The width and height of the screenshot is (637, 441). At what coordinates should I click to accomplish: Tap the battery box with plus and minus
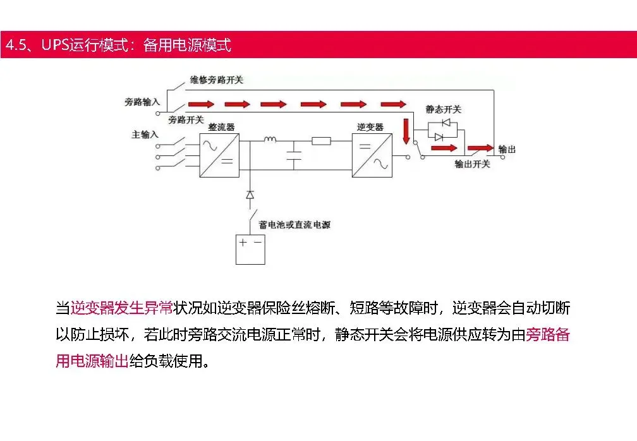[x=250, y=249]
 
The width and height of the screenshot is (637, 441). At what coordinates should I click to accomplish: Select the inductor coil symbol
[x=270, y=140]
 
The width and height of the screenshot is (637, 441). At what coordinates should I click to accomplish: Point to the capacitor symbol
[x=293, y=155]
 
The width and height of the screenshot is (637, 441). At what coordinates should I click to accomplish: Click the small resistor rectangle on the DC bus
[x=321, y=141]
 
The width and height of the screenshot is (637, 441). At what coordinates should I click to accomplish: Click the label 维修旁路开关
[x=217, y=81]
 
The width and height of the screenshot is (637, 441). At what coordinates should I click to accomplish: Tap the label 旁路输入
[x=142, y=101]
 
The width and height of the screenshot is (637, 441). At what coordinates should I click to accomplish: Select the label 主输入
[x=145, y=135]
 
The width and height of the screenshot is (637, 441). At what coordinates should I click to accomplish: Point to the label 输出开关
[x=472, y=164]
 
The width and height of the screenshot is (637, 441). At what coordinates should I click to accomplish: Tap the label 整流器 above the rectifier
[x=221, y=128]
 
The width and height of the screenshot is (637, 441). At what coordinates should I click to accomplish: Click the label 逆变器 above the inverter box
[x=370, y=127]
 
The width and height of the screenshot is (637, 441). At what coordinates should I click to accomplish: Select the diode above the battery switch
[x=250, y=194]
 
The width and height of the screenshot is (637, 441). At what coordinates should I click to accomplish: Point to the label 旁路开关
[x=186, y=119]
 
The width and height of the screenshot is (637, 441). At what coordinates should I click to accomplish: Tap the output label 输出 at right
[x=507, y=149]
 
